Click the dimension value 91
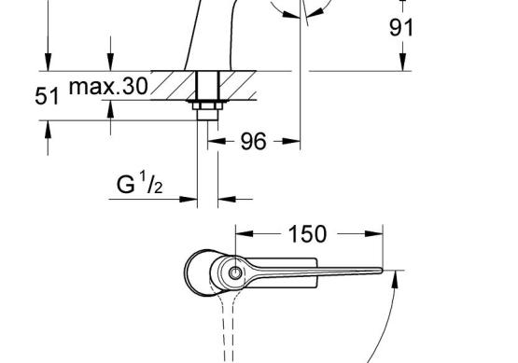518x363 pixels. (401, 27)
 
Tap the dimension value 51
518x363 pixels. (47, 96)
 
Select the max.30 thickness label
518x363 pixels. (108, 86)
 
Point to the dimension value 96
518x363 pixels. (253, 141)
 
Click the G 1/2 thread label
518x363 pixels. (139, 183)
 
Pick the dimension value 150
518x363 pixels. (308, 234)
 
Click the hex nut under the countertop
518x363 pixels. (207, 105)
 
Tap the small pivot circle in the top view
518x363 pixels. (235, 272)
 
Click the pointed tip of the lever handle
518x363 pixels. (382, 271)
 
